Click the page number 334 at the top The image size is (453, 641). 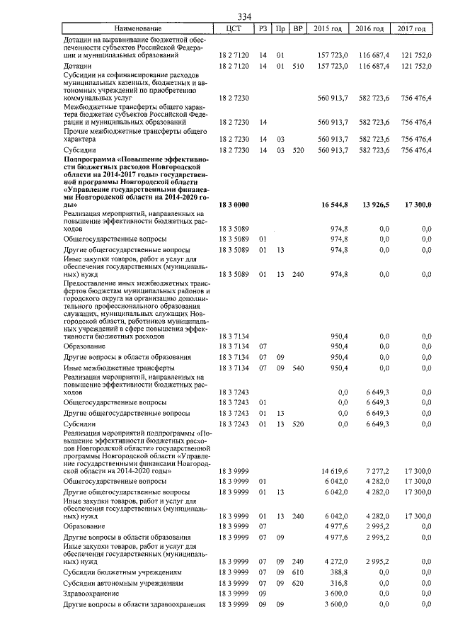pos(245,17)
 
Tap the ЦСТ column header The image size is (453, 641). pos(234,29)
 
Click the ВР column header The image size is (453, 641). pos(299,29)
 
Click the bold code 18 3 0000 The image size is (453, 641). pos(234,204)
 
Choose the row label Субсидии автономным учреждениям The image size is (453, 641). pos(124,583)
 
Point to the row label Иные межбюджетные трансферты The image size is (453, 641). pos(120,368)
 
